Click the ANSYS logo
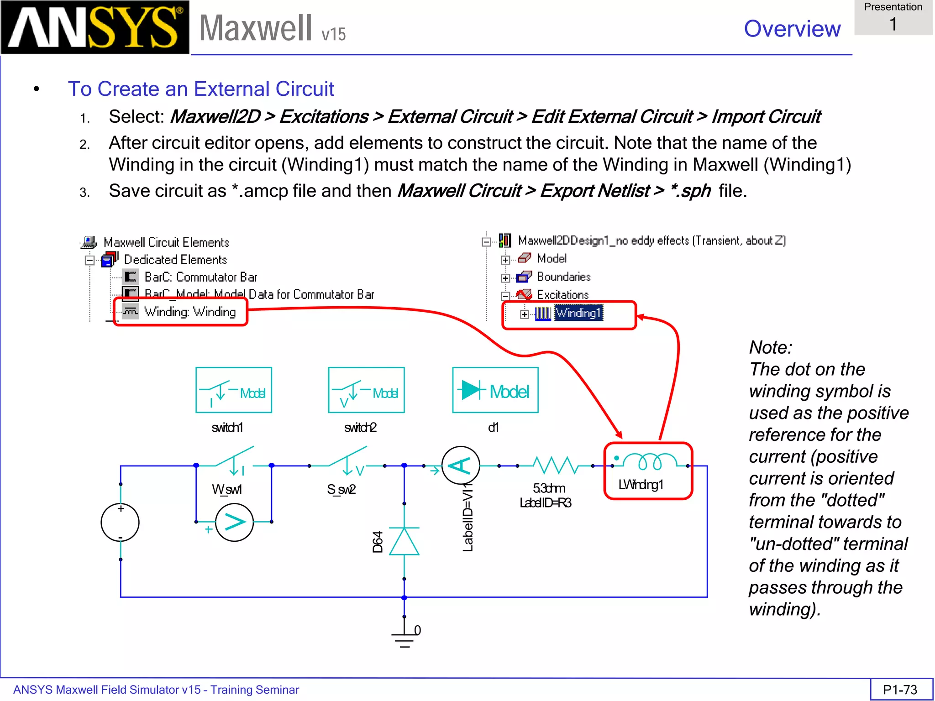[x=95, y=27]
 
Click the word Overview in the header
[x=792, y=29]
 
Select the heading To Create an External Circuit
[x=201, y=89]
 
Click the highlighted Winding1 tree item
[x=578, y=313]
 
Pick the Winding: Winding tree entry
[x=189, y=312]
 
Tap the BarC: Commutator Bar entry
[x=200, y=277]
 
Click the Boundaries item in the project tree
[x=563, y=277]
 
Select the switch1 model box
[x=234, y=390]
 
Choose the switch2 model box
[x=366, y=390]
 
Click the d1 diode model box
[x=495, y=390]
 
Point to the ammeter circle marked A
[x=461, y=466]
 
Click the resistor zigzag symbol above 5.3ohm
[x=556, y=465]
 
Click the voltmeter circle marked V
[x=234, y=522]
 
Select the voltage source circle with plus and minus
[x=120, y=522]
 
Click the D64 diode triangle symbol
[x=404, y=542]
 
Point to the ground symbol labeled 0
[x=404, y=637]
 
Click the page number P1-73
[x=900, y=690]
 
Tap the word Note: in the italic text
[x=770, y=347]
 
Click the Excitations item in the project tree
[x=562, y=295]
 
